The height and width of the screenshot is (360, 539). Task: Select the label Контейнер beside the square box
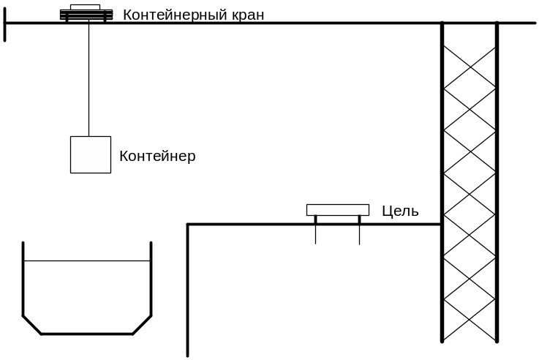coord(157,156)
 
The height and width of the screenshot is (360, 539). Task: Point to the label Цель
coord(401,211)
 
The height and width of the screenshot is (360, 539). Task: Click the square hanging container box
coord(91,154)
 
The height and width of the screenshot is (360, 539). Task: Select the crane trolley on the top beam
coord(86,15)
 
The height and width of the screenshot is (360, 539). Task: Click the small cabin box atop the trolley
coord(86,7)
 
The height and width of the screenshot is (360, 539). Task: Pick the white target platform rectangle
coord(338,210)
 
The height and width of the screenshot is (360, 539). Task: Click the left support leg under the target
coord(315,230)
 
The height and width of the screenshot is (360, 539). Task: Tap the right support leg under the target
coord(360,230)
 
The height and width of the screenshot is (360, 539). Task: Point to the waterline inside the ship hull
coord(87,261)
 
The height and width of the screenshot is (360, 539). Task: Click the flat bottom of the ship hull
coord(87,334)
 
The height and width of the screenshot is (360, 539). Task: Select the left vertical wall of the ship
coord(23,279)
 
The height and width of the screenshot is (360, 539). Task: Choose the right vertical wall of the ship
coord(151,279)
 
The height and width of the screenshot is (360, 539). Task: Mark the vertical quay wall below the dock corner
coord(188,290)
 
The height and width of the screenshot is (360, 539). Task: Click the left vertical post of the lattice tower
coord(442,182)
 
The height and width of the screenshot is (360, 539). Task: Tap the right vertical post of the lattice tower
coord(497,182)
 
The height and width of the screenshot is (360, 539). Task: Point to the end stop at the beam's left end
coord(5,25)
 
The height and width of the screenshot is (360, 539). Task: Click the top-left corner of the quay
coord(188,225)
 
